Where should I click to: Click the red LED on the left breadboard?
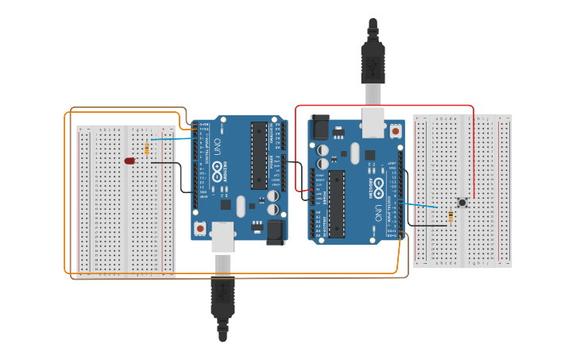(x=130, y=161)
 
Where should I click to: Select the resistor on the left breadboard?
(x=147, y=149)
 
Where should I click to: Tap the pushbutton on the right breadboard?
(x=462, y=203)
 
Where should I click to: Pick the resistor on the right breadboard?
(x=451, y=216)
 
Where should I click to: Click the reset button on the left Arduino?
(x=200, y=229)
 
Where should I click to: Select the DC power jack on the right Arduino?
(x=320, y=126)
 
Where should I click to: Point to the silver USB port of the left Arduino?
(x=222, y=236)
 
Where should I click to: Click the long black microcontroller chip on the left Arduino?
(x=259, y=156)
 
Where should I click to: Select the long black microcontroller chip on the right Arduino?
(x=337, y=203)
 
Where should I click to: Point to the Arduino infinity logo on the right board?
(x=379, y=189)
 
